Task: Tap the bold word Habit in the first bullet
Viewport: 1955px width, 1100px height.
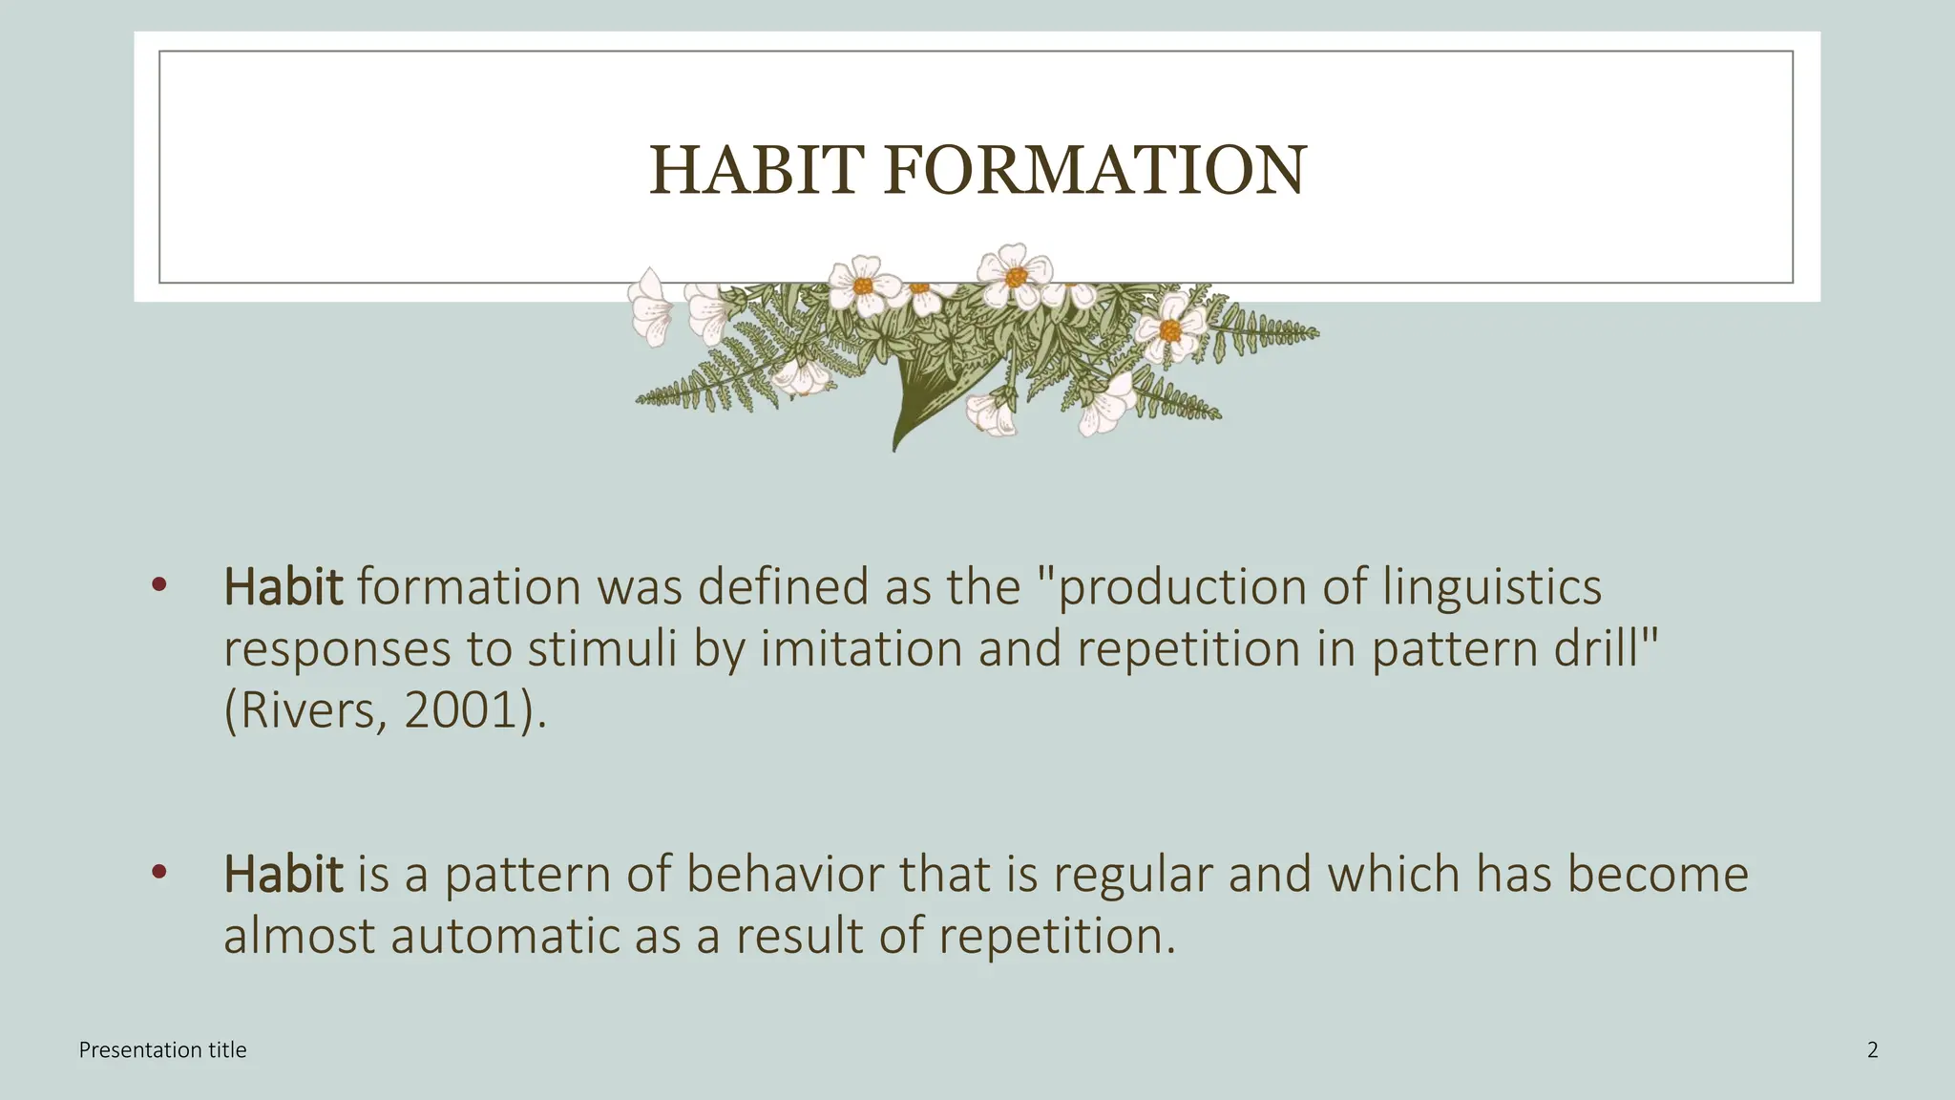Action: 283,586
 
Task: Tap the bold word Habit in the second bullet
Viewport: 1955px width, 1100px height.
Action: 283,874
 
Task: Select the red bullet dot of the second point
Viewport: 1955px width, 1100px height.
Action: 158,872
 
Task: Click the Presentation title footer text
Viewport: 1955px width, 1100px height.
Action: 162,1050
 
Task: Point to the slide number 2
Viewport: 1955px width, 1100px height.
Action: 1872,1050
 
